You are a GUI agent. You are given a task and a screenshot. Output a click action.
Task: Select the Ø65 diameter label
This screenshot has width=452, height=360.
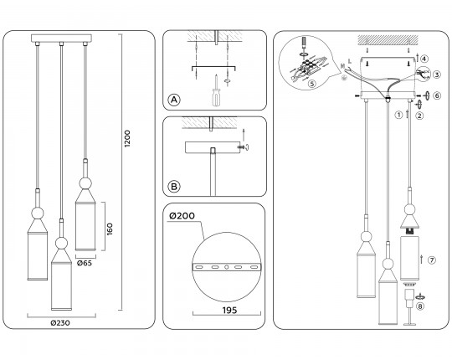point(85,263)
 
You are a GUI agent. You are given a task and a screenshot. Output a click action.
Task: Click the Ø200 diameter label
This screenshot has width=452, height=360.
point(181,218)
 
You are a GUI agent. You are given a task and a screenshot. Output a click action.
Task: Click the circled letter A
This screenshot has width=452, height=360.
point(174,100)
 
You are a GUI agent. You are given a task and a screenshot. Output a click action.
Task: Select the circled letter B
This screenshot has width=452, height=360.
point(174,186)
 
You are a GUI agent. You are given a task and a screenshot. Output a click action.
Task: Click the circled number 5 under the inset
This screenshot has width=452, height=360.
point(312,84)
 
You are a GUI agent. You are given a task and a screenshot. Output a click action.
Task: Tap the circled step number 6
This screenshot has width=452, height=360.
point(436,95)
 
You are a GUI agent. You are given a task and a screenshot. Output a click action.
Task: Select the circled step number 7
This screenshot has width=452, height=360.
point(432,260)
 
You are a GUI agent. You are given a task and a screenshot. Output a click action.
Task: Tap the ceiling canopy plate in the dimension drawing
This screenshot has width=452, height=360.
point(62,39)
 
